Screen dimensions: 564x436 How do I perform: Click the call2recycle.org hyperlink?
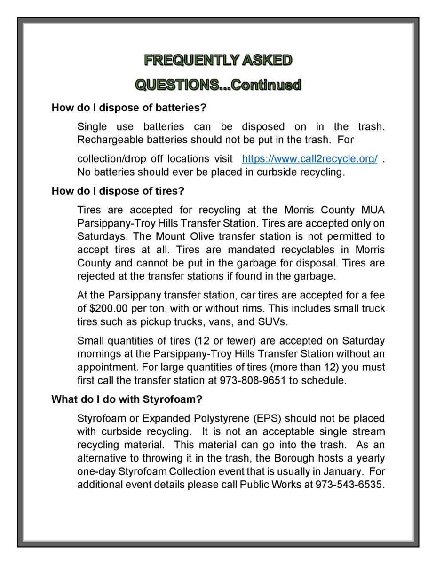pos(309,159)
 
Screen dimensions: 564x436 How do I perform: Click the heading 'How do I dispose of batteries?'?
pos(129,108)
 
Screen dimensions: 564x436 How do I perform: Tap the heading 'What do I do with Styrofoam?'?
pos(127,399)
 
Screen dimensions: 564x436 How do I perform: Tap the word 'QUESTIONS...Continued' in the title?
pos(218,85)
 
